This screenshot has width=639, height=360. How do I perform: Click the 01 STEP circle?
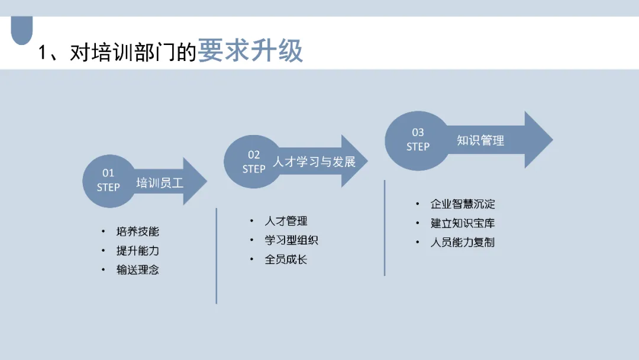coord(108,180)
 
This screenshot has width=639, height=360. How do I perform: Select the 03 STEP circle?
coord(418,139)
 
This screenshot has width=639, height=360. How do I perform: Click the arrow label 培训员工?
coord(160,182)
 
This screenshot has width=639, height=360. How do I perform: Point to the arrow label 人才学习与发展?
coord(314,162)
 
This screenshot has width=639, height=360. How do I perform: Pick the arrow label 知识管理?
coord(480,140)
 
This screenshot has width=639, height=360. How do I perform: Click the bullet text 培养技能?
coord(138,232)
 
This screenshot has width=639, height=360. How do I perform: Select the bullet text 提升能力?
coord(138,250)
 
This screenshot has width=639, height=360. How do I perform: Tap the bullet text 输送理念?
coord(138,269)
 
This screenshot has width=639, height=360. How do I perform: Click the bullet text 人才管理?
coord(286,221)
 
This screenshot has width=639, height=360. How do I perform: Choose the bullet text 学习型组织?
coord(292,240)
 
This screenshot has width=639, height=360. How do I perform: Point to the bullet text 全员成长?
coord(286,259)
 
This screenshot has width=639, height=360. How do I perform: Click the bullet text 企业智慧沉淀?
coord(463,204)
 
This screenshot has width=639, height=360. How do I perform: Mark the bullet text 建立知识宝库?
coord(463,223)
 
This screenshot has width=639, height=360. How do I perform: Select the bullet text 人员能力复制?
coord(463,242)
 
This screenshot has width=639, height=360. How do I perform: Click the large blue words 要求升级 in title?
coord(250,51)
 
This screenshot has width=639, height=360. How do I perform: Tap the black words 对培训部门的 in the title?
coord(133,53)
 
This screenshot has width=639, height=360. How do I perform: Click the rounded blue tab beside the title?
coord(22,30)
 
